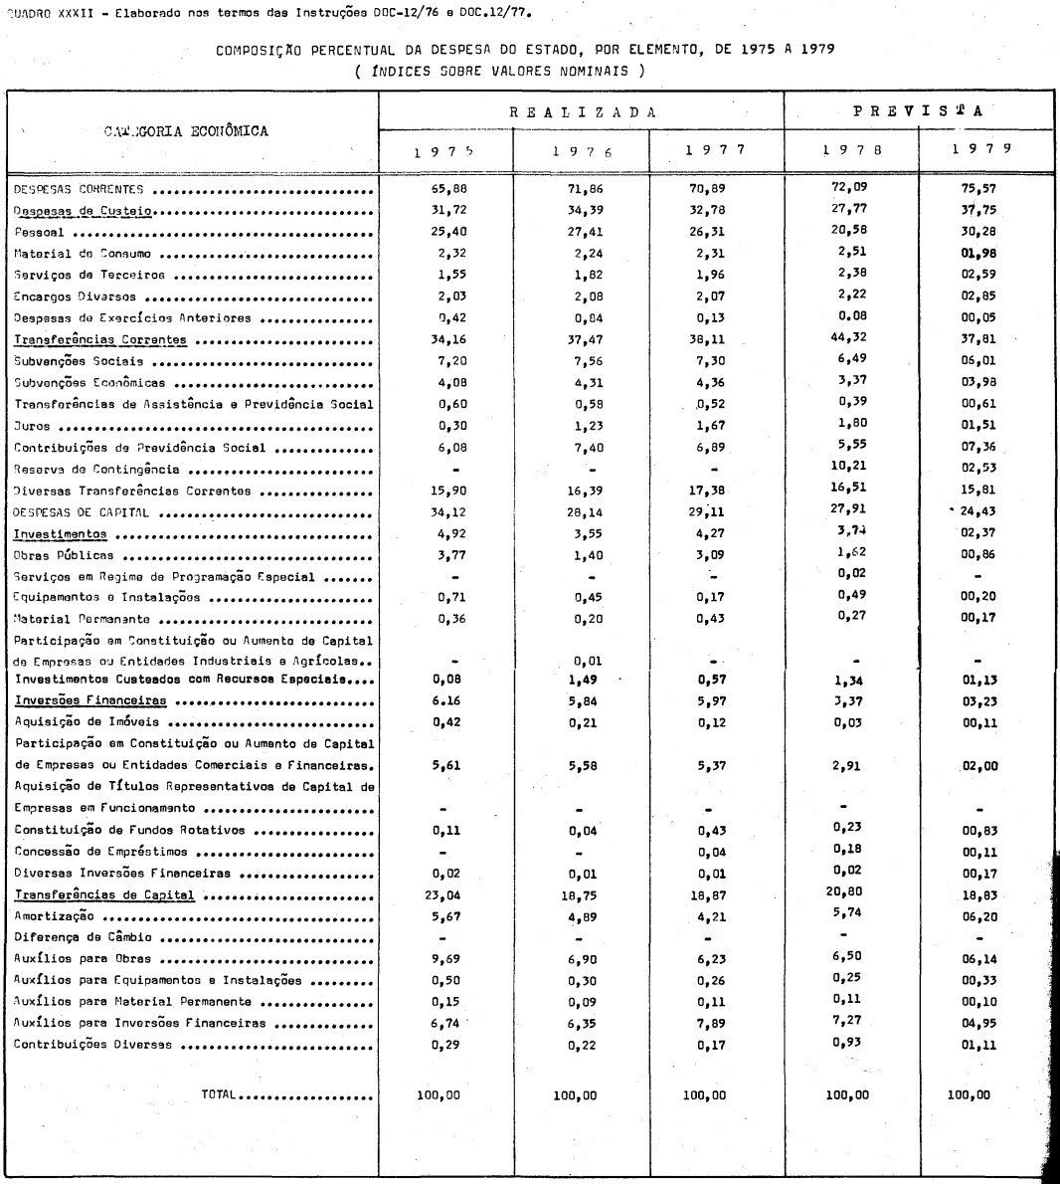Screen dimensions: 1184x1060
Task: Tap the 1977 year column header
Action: (x=716, y=149)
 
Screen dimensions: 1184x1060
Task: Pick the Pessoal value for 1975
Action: (x=444, y=232)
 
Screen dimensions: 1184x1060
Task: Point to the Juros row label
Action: (x=32, y=426)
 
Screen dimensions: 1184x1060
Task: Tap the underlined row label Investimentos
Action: (x=60, y=534)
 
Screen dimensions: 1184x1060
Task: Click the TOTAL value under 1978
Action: (x=846, y=1094)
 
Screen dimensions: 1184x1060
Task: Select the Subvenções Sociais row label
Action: (x=79, y=361)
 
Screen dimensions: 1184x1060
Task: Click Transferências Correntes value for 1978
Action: (x=846, y=335)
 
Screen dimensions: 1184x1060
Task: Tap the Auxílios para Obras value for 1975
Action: (x=444, y=961)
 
